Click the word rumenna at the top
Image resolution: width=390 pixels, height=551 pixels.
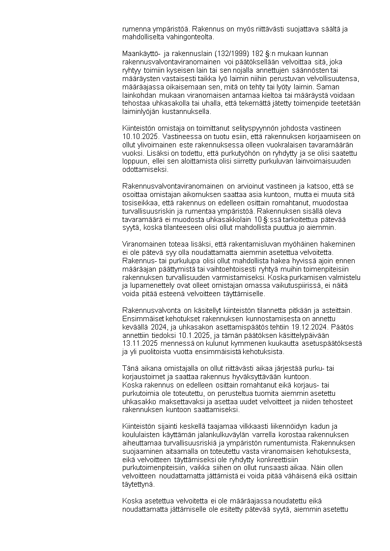point(136,29)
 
